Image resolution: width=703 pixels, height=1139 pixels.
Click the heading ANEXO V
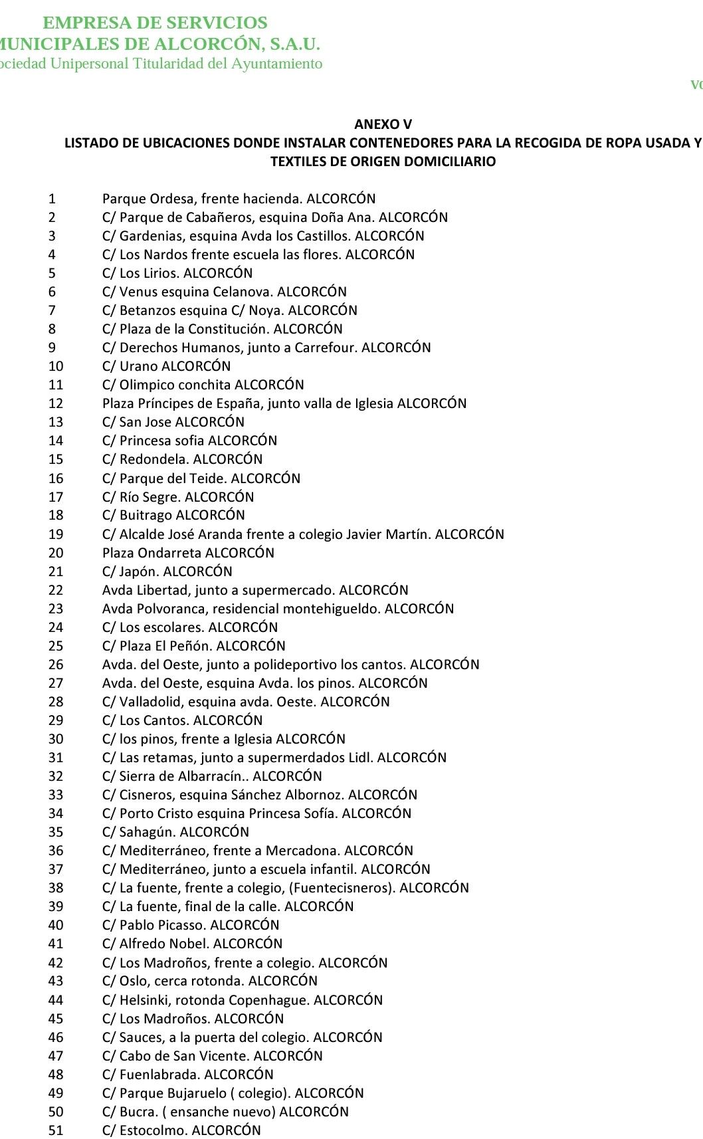tap(383, 124)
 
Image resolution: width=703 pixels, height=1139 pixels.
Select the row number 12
tap(56, 403)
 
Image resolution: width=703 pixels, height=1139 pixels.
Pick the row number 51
tap(56, 1130)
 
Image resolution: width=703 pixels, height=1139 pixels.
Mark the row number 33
tap(56, 795)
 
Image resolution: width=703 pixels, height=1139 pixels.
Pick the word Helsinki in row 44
tap(142, 1000)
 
